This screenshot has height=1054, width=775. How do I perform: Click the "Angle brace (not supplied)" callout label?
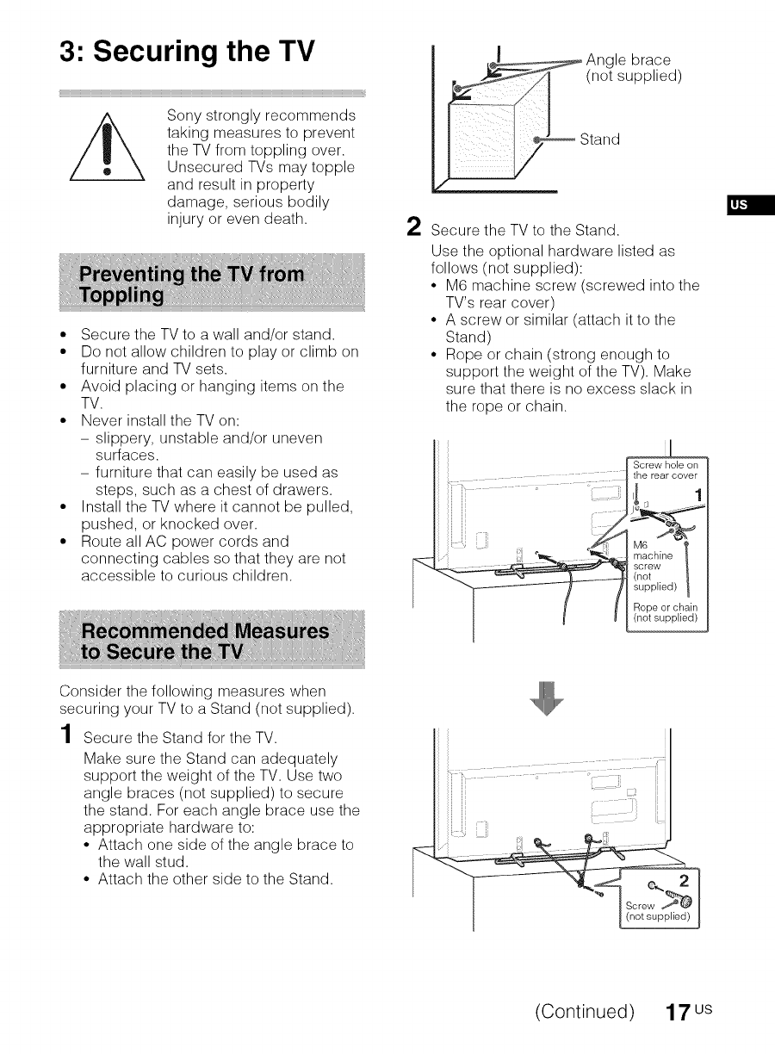coord(634,68)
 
